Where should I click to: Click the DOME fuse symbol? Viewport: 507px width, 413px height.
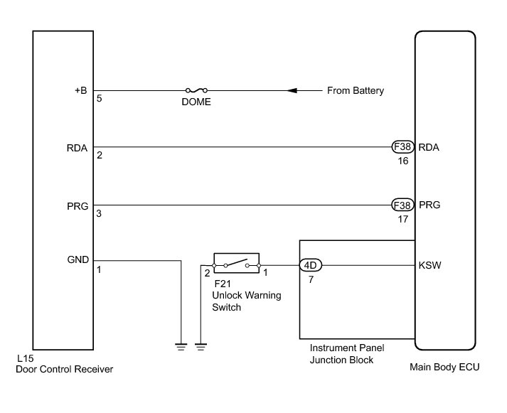196,91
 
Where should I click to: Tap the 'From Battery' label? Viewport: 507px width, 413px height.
355,91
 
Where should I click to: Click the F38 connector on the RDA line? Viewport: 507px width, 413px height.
403,148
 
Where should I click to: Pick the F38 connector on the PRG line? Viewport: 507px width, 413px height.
403,205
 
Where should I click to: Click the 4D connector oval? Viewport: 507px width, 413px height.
310,265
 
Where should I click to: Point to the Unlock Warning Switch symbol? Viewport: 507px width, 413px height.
236,264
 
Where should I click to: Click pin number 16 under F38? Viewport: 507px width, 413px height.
403,162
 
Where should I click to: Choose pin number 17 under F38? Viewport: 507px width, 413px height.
403,220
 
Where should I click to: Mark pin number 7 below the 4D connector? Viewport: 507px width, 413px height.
310,279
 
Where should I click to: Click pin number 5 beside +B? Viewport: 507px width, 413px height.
99,99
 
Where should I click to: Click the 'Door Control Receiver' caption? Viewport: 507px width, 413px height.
64,369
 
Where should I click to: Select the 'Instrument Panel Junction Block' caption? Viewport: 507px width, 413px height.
341,354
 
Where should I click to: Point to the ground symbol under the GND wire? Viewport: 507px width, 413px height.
182,347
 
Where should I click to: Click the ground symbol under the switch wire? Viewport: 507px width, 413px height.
201,347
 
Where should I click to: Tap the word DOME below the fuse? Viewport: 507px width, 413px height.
196,102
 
